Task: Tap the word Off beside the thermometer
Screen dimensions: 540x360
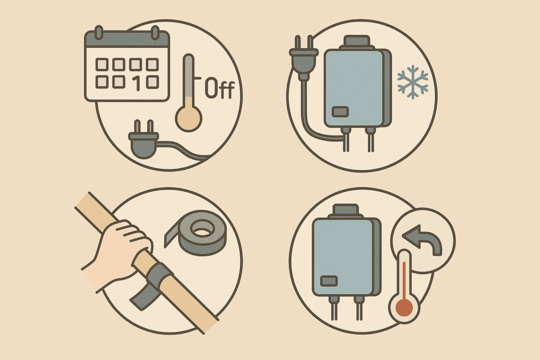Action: tap(220, 88)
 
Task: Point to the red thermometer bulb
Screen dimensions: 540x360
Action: tap(404, 307)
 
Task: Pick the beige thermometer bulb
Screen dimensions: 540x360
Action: tap(188, 118)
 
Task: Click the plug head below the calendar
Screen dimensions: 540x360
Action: tap(143, 139)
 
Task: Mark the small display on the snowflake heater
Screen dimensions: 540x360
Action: tap(340, 112)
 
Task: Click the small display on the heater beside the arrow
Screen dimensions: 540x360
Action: tap(329, 281)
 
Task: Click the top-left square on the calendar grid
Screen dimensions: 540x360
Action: tap(102, 64)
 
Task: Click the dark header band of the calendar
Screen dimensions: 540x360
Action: tap(127, 39)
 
